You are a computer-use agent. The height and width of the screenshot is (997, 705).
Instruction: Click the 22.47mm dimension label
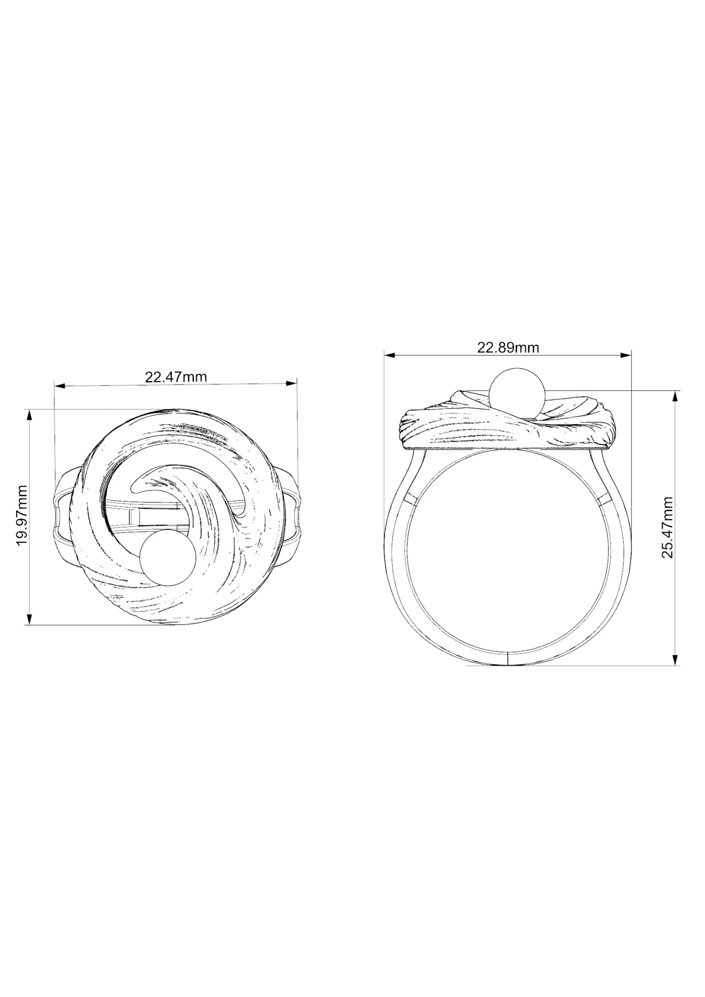[x=176, y=377]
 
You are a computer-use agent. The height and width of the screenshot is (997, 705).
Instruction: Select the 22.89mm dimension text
[x=508, y=348]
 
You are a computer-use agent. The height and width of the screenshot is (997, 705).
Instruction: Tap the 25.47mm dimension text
[x=667, y=527]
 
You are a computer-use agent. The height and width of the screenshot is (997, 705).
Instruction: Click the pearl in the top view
[x=168, y=558]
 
